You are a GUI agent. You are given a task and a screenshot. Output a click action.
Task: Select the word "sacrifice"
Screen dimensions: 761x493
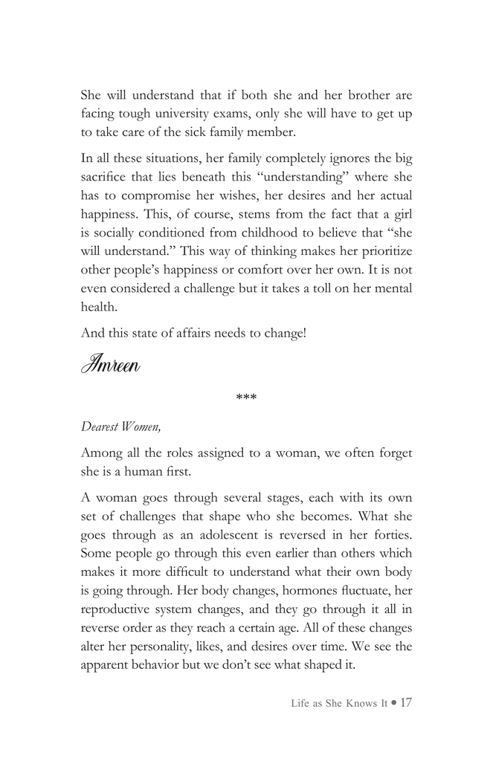pos(106,178)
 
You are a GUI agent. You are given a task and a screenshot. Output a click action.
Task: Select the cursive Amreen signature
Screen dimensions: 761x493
pos(111,365)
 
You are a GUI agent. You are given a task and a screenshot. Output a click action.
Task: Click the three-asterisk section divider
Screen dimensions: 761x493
pos(246,399)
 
